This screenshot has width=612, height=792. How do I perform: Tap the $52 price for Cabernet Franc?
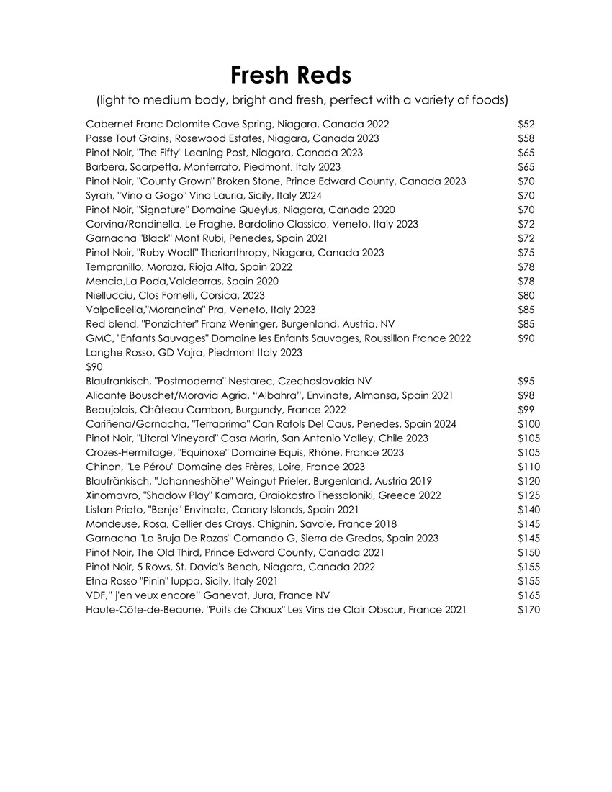pos(526,125)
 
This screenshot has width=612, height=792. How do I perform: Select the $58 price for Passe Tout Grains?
pos(526,138)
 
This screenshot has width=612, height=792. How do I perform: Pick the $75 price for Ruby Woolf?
pos(526,253)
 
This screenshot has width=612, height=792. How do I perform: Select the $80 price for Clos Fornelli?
pos(526,295)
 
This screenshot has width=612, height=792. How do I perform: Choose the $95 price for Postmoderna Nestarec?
pos(526,381)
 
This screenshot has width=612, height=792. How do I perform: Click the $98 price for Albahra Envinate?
pos(526,395)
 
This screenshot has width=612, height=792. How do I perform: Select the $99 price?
pos(526,410)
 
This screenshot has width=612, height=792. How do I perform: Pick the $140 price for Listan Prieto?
pos(528,510)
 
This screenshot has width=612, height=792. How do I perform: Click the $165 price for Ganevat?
pos(528,595)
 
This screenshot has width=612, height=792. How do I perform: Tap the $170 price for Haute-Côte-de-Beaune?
pos(528,610)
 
